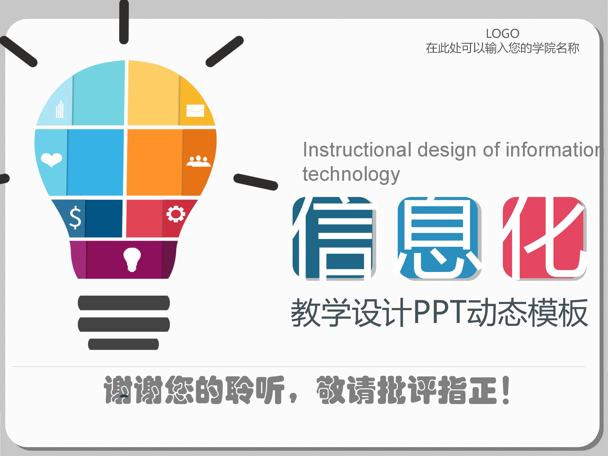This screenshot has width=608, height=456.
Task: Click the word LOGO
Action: tap(502, 34)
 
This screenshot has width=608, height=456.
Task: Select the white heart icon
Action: tap(51, 159)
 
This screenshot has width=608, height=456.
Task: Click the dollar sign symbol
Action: tap(75, 218)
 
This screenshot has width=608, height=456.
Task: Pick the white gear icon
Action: tap(176, 214)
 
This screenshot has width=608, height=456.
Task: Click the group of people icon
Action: tap(198, 161)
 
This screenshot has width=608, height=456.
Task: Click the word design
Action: tap(447, 150)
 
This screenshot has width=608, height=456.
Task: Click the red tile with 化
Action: tap(544, 238)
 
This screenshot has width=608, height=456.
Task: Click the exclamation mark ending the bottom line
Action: tap(506, 390)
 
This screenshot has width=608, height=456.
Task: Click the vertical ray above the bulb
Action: tap(124, 22)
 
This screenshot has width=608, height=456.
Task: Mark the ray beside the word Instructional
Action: tap(256, 182)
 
